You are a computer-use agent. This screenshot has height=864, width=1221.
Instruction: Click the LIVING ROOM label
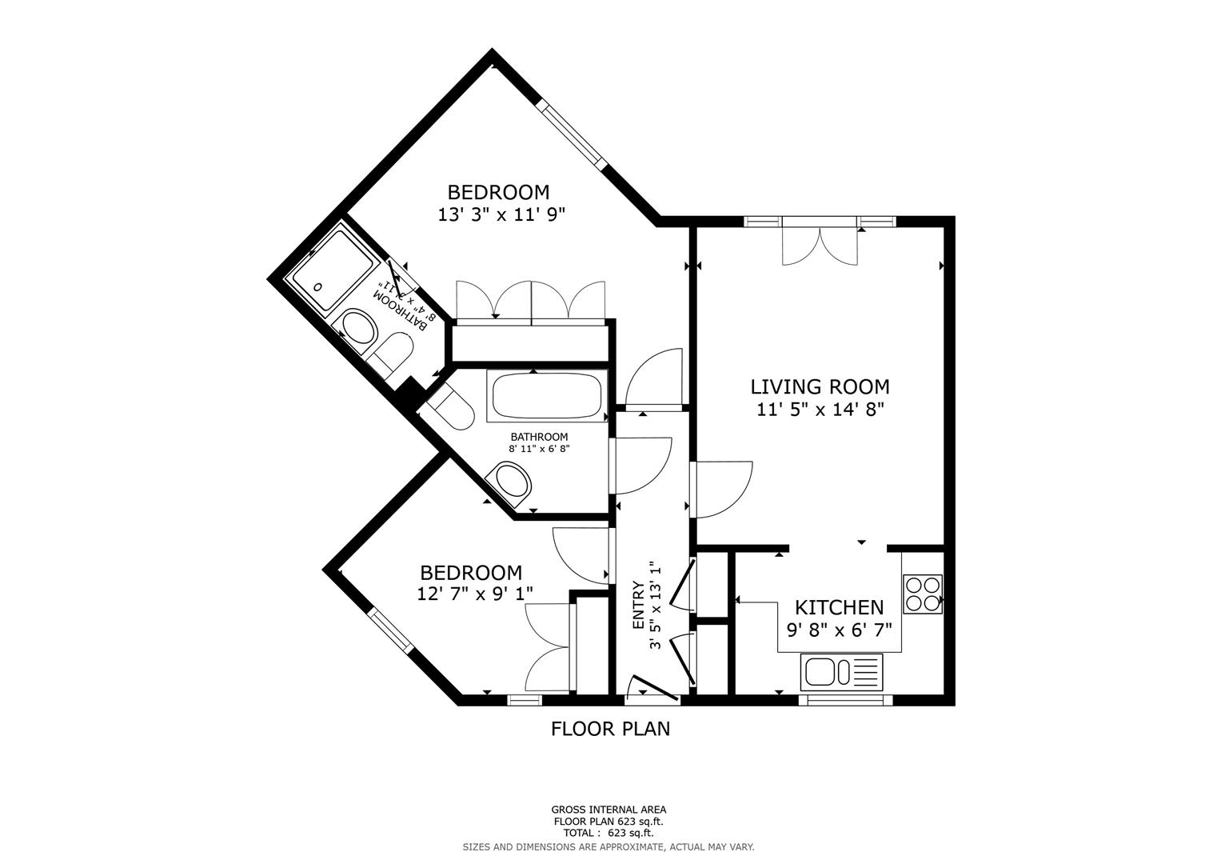click(x=820, y=387)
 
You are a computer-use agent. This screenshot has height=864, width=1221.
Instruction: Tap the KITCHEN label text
click(x=839, y=607)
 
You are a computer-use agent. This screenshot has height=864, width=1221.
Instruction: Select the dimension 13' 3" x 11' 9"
click(x=501, y=214)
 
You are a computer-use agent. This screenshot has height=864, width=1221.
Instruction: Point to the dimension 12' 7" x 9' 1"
click(x=475, y=594)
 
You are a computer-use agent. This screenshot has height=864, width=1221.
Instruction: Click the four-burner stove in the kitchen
click(x=922, y=594)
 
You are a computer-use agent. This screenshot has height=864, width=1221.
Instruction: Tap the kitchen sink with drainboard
click(x=841, y=671)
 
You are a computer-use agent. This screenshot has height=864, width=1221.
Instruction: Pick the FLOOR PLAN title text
click(x=610, y=729)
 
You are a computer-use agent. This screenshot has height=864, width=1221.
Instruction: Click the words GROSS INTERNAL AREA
click(x=609, y=810)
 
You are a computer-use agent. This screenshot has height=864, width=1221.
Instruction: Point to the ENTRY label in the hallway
click(x=638, y=605)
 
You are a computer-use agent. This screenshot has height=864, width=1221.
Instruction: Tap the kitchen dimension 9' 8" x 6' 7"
click(x=839, y=630)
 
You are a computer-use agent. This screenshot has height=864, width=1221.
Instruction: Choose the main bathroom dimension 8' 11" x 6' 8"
click(x=539, y=449)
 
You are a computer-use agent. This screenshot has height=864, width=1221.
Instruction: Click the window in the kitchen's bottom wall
click(x=845, y=700)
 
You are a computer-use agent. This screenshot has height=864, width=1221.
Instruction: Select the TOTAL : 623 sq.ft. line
click(x=609, y=833)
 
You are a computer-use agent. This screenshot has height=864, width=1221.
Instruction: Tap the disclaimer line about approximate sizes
click(x=609, y=846)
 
